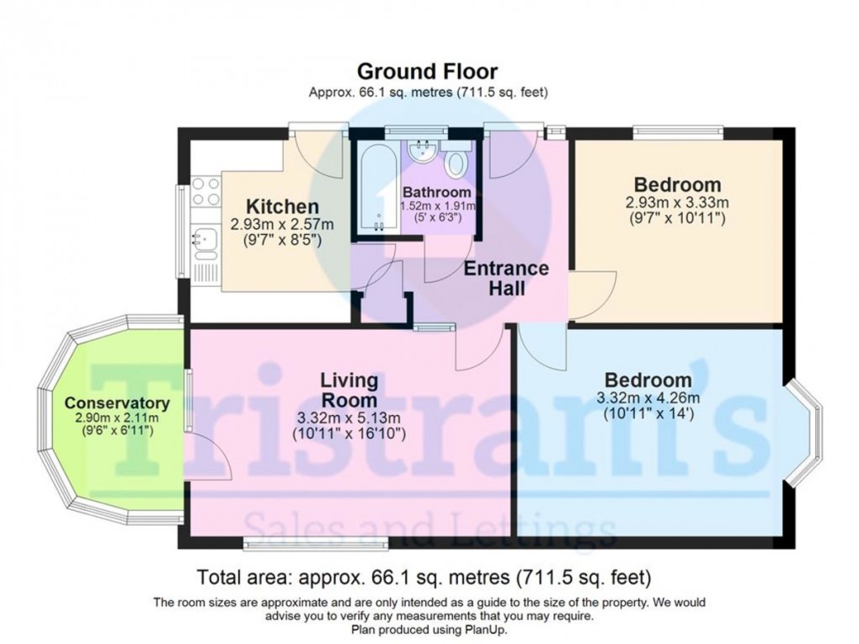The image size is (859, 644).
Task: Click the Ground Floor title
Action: click(x=428, y=71)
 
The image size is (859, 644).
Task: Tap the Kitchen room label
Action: click(x=282, y=206)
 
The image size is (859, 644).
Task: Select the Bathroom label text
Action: click(x=437, y=193)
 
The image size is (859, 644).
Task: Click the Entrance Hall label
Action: click(x=506, y=279)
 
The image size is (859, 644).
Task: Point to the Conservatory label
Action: click(x=117, y=402)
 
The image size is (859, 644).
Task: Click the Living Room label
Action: click(x=349, y=390)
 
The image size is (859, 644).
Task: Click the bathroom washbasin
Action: click(x=419, y=152)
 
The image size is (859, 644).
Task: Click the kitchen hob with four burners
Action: click(x=205, y=193)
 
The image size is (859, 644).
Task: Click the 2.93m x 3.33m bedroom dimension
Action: click(x=677, y=204)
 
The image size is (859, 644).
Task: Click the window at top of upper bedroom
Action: click(x=678, y=131)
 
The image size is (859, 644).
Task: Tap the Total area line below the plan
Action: click(x=424, y=577)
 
